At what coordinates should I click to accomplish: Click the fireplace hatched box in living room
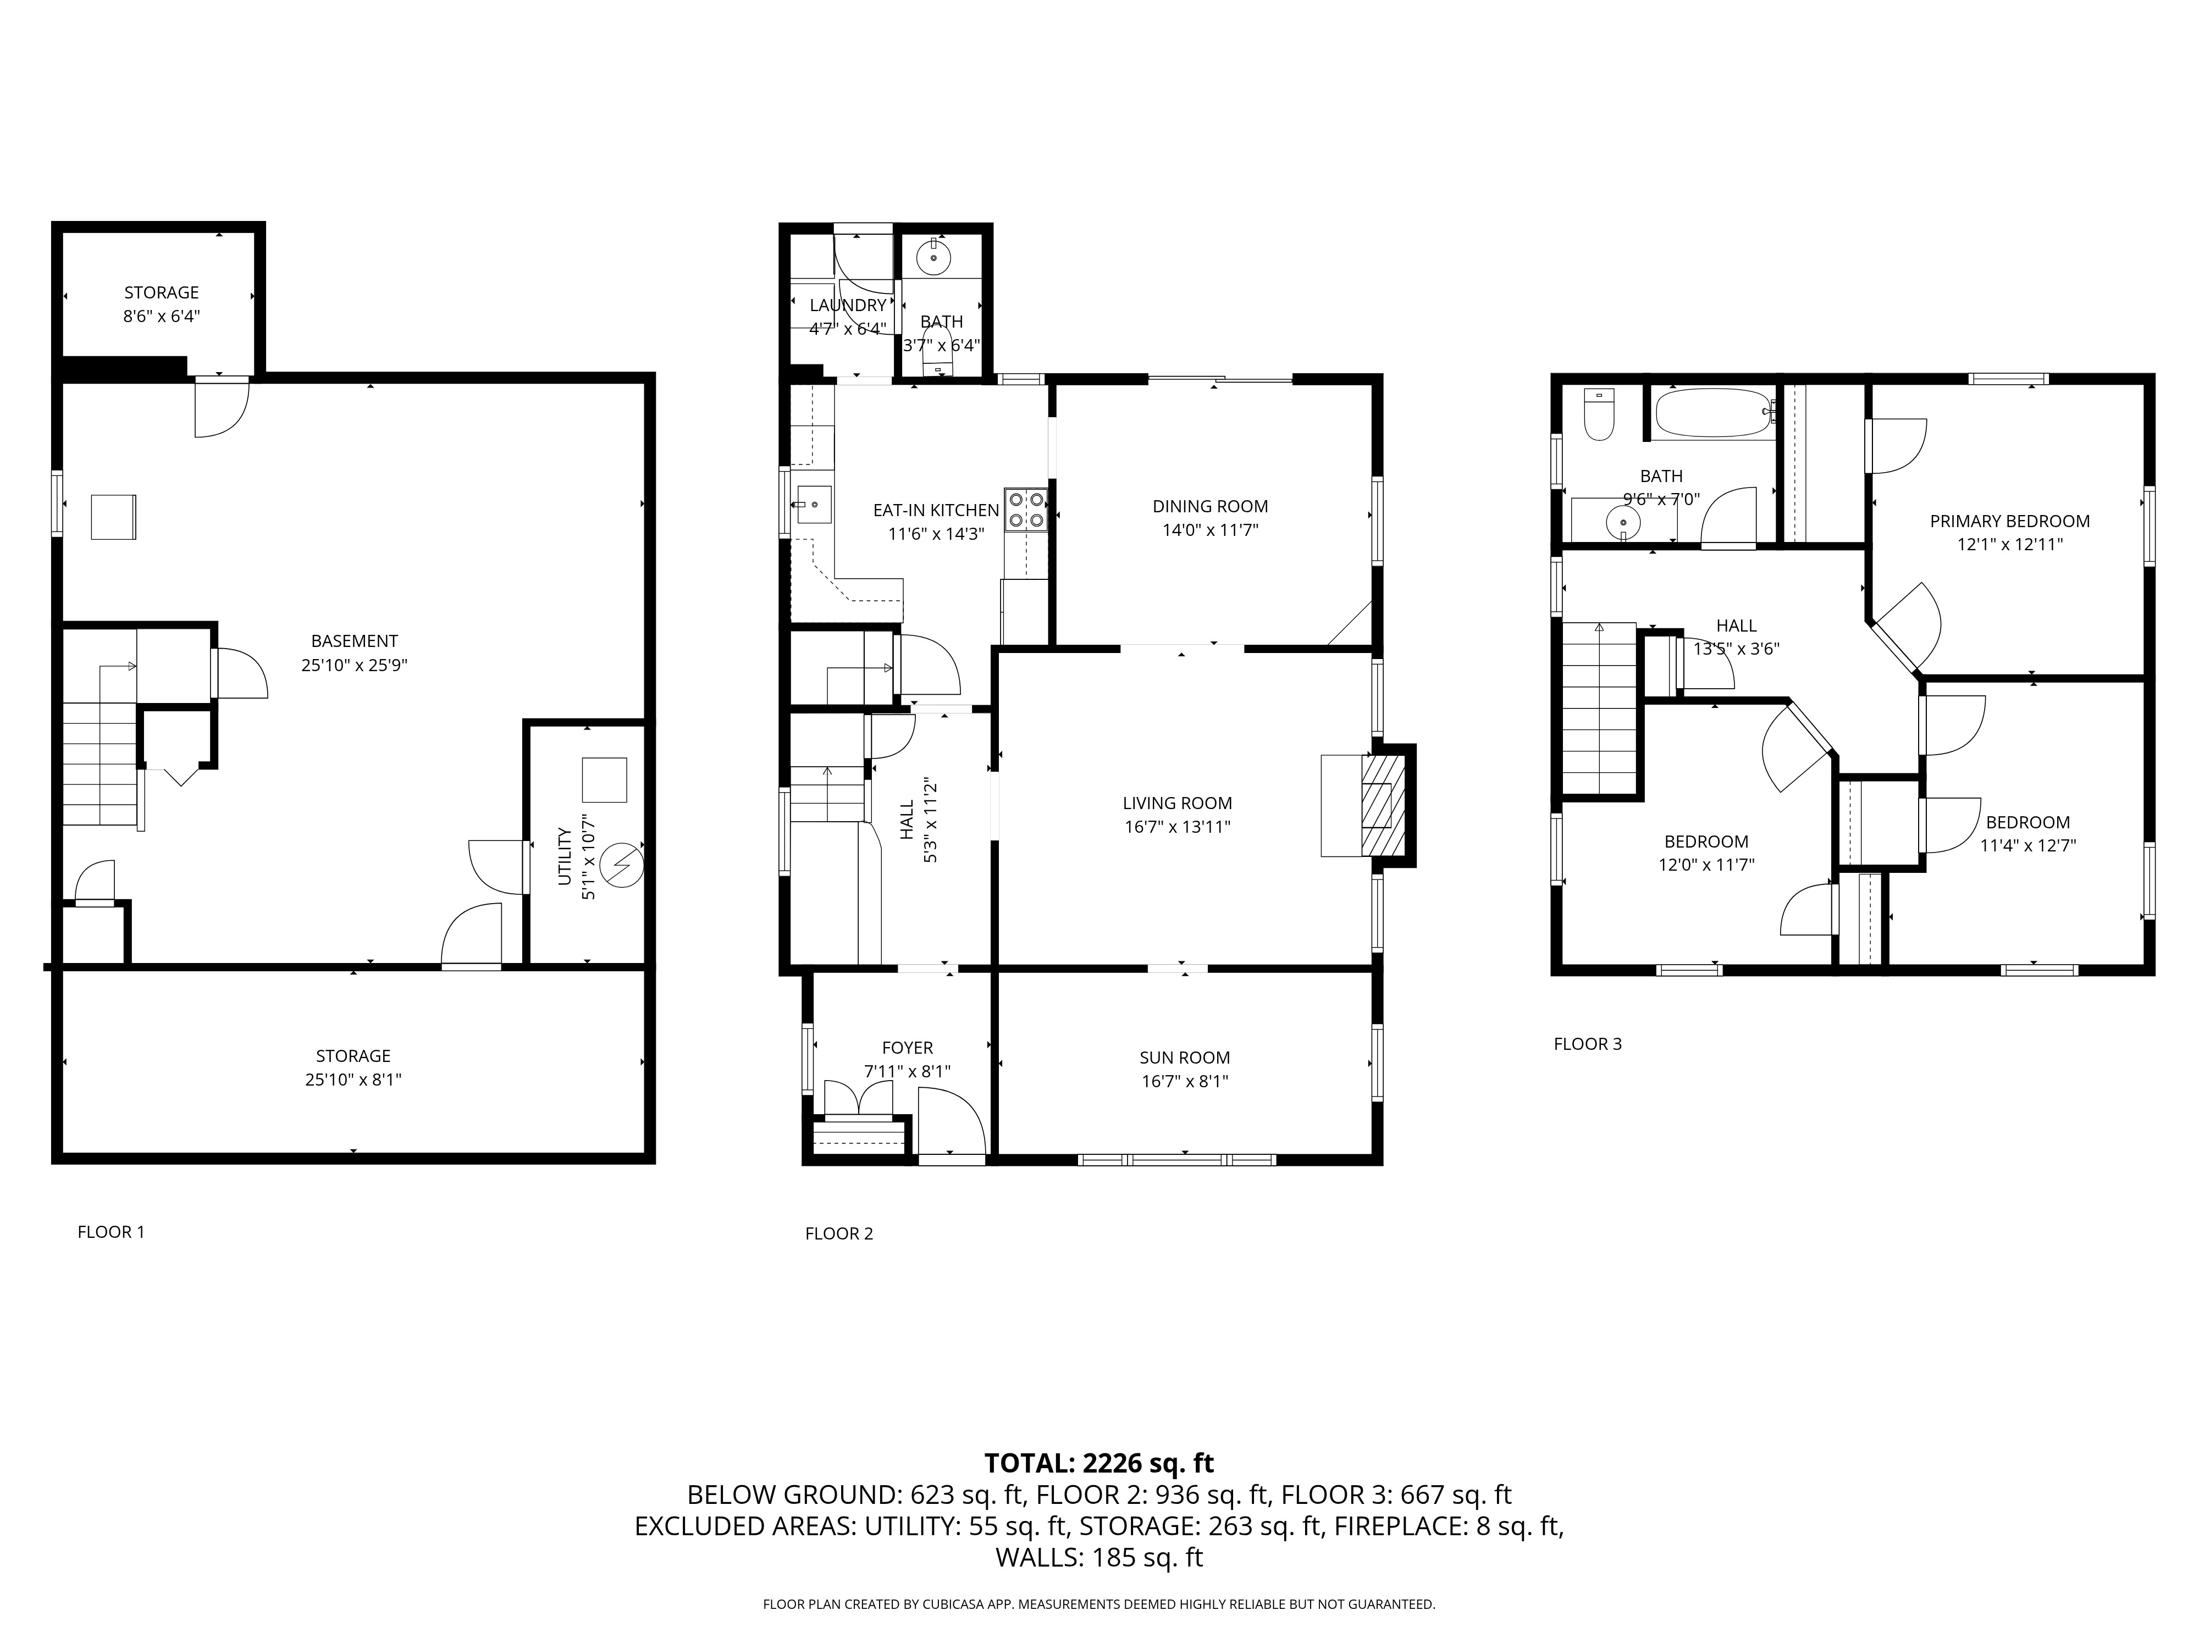point(1383,805)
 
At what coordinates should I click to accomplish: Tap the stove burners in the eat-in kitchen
point(1026,509)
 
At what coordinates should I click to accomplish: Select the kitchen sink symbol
point(813,505)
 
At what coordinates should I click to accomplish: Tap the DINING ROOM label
point(1210,506)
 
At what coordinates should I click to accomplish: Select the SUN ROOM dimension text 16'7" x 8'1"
point(1184,1081)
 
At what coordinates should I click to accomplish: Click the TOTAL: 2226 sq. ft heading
point(1098,1463)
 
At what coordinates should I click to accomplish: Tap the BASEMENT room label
point(354,641)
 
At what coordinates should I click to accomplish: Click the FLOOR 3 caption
point(1588,1044)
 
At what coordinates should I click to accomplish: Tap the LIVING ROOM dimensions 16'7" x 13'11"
point(1177,827)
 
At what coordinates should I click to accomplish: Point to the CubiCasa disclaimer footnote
point(1098,1604)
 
